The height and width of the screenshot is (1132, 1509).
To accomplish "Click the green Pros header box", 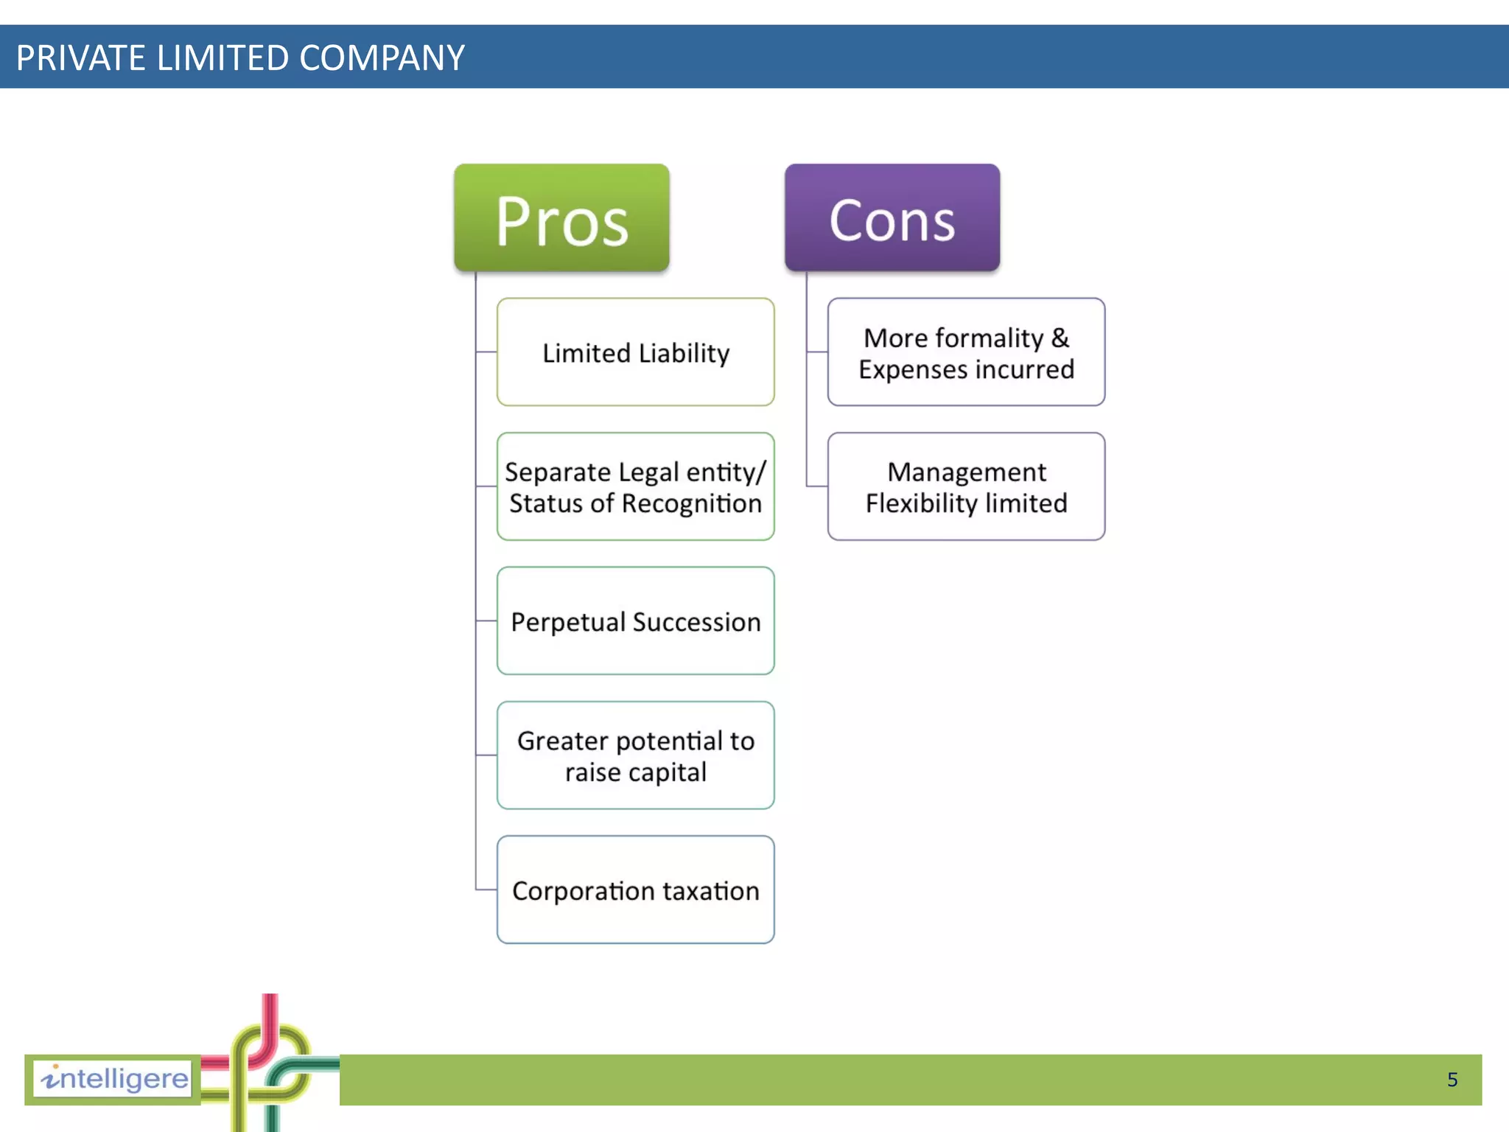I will click(x=561, y=218).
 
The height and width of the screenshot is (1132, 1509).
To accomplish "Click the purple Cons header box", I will click(x=892, y=218).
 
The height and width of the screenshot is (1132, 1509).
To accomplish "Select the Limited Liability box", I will click(x=635, y=352).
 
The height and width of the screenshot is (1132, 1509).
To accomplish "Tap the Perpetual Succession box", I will click(x=635, y=621).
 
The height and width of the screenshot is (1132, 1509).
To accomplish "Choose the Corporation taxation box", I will click(x=635, y=890).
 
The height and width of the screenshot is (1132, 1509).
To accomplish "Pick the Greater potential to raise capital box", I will click(x=635, y=755).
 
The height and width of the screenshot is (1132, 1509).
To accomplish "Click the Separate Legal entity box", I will click(x=635, y=486).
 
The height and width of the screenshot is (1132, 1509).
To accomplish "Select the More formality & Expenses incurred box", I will click(x=966, y=352).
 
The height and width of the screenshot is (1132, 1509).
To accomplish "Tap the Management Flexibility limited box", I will click(x=966, y=486).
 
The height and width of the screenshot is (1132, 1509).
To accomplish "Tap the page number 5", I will click(x=1452, y=1080).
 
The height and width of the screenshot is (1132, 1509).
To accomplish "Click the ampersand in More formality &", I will click(x=1060, y=338).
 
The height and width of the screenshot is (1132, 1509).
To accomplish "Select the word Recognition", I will click(x=691, y=503).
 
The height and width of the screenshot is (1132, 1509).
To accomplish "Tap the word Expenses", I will click(x=904, y=369).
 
